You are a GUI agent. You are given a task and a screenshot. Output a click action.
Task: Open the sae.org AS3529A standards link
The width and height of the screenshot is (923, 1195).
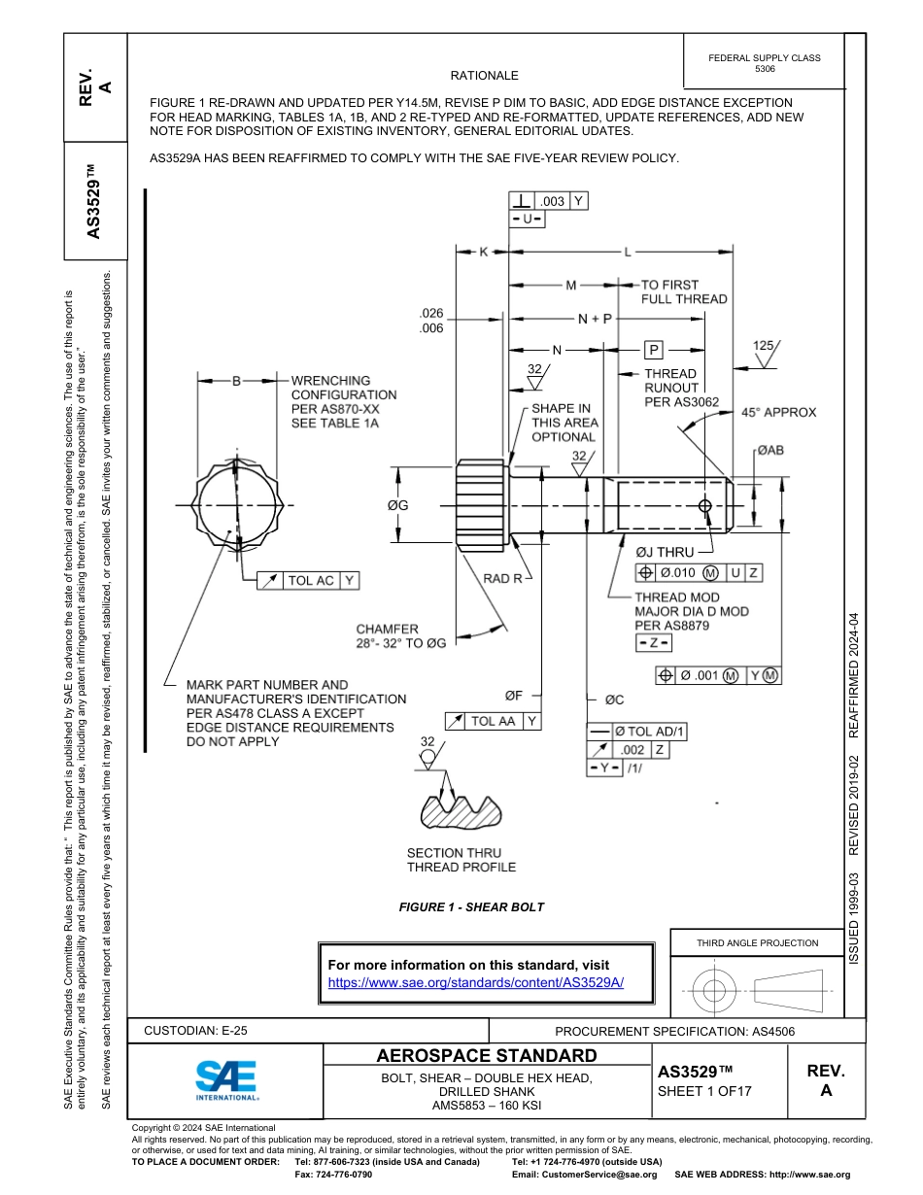[x=476, y=982]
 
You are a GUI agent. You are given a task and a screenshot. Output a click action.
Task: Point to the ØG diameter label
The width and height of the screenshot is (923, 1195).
[x=397, y=505]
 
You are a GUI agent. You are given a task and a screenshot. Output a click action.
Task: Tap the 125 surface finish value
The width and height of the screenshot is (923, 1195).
[x=764, y=345]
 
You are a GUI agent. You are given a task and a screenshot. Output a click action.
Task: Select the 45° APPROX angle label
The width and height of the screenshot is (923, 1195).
[x=779, y=412]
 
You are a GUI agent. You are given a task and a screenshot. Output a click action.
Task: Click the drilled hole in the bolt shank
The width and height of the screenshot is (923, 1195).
[x=705, y=505]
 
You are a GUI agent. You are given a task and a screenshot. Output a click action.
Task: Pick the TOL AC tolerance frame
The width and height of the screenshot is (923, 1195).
[x=310, y=580]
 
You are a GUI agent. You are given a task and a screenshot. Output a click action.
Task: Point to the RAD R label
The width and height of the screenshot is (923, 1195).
[x=502, y=578]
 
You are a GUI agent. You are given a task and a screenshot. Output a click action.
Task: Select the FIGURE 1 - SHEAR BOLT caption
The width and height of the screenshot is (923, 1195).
[x=471, y=907]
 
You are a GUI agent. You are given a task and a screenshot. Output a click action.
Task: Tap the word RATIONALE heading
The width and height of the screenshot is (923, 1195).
[x=484, y=76]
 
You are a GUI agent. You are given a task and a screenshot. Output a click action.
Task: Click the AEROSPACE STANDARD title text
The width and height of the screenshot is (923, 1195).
[x=486, y=1056]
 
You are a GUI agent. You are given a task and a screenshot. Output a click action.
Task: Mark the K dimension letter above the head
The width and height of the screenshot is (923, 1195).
[x=483, y=252]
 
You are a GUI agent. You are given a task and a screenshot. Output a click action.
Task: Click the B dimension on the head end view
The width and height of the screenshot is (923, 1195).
[x=235, y=382]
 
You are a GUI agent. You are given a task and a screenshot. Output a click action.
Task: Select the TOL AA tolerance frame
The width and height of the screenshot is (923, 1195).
[x=493, y=721]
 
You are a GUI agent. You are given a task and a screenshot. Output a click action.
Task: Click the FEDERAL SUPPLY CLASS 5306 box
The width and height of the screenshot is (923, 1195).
[x=765, y=63]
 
